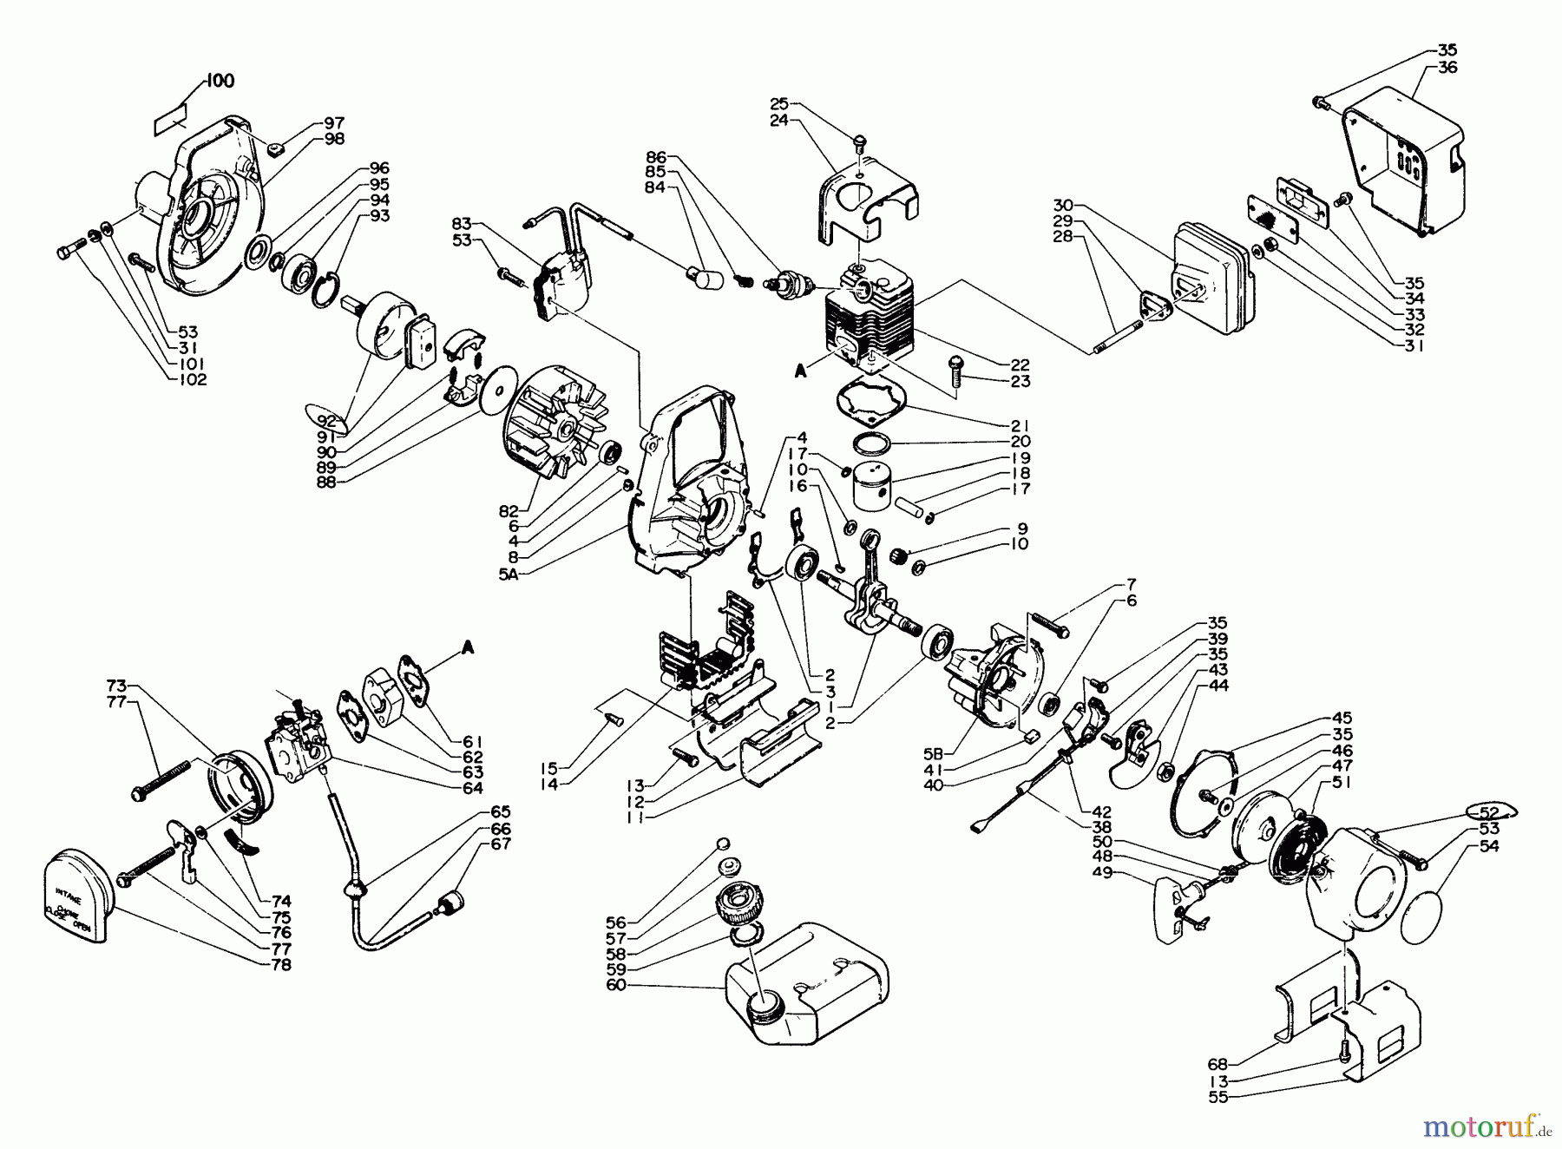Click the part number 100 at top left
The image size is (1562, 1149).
pos(220,81)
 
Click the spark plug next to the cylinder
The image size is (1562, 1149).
pos(788,284)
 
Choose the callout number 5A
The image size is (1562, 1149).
pos(509,574)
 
